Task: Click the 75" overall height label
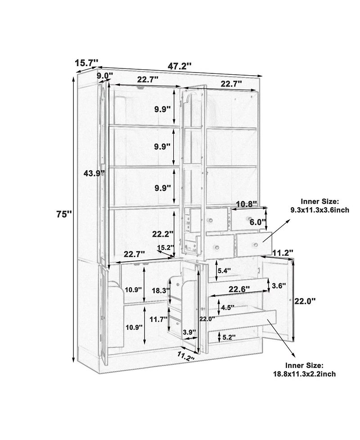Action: (x=64, y=214)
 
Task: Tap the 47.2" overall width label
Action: (x=180, y=67)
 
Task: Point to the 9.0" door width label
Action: (x=104, y=76)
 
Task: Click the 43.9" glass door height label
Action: (x=94, y=174)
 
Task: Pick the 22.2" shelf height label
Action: (x=163, y=234)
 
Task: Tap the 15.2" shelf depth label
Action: (x=166, y=248)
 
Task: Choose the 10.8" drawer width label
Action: (x=246, y=204)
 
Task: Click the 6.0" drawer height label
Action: (x=257, y=222)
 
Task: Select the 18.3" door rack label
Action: (x=160, y=290)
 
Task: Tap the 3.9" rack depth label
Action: (x=189, y=332)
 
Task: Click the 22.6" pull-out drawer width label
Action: (x=239, y=289)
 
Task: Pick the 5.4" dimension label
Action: (x=225, y=271)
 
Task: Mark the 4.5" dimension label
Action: (x=228, y=308)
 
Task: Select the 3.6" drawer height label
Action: (x=279, y=286)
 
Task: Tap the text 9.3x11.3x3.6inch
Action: (x=320, y=210)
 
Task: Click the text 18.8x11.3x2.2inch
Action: (x=305, y=374)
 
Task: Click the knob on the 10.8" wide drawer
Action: (x=248, y=218)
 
